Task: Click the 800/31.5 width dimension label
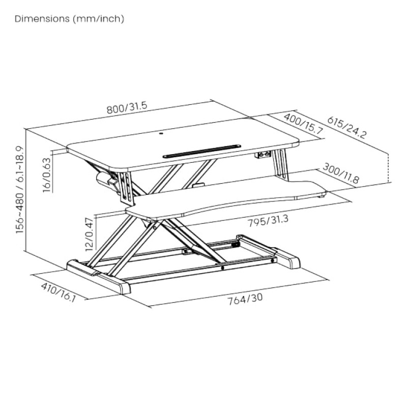[x=127, y=108]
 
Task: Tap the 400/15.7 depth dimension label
[x=303, y=124]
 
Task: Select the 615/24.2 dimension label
[x=347, y=128]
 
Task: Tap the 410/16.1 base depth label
[x=58, y=293]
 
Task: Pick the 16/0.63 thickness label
[x=47, y=175]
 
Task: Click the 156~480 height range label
[x=19, y=189]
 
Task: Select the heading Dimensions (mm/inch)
[x=69, y=19]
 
